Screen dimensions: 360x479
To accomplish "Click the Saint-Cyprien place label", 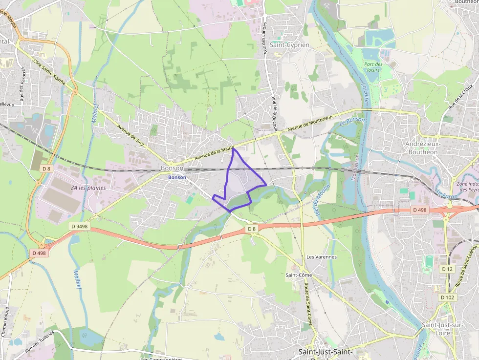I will [x=289, y=45].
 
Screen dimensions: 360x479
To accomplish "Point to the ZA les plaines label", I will [x=88, y=188].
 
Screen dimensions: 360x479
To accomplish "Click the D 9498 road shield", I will [x=79, y=226].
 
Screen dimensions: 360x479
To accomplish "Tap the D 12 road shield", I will [x=447, y=269].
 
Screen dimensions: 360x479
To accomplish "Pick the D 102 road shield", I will [x=447, y=297].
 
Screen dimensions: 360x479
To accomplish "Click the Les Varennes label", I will [x=321, y=257].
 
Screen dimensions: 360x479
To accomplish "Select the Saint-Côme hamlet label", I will [x=299, y=275].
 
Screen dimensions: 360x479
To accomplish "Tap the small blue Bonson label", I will [x=177, y=177].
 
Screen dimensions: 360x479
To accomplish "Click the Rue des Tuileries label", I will [x=39, y=341].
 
